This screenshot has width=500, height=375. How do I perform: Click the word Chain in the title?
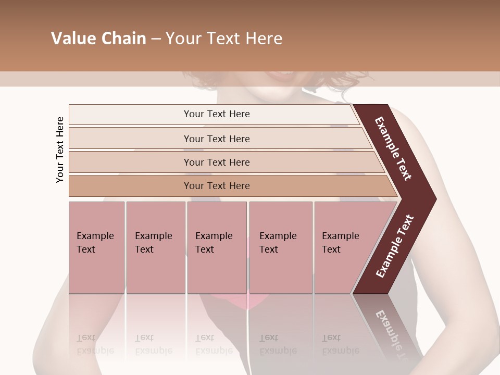coord(123,39)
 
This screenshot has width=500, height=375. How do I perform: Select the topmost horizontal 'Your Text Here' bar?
coord(216,114)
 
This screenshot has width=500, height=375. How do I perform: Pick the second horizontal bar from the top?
coord(216,139)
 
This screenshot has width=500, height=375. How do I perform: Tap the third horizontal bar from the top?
coord(216,162)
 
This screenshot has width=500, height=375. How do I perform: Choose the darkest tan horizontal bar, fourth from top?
coord(216,186)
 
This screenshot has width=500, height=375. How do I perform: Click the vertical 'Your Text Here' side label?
coord(60,149)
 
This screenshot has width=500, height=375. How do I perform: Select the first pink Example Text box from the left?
coord(96,247)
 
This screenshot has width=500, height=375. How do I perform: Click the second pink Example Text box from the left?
coord(155,247)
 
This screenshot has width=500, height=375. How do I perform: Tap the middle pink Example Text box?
coord(217,247)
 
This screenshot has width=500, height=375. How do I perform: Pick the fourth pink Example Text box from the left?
coord(280,247)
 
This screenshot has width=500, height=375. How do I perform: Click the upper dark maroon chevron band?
coord(394,148)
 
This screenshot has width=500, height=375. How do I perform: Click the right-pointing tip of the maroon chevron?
coord(432,199)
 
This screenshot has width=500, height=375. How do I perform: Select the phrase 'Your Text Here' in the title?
coord(224,39)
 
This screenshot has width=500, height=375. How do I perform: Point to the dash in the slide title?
coord(156,39)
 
